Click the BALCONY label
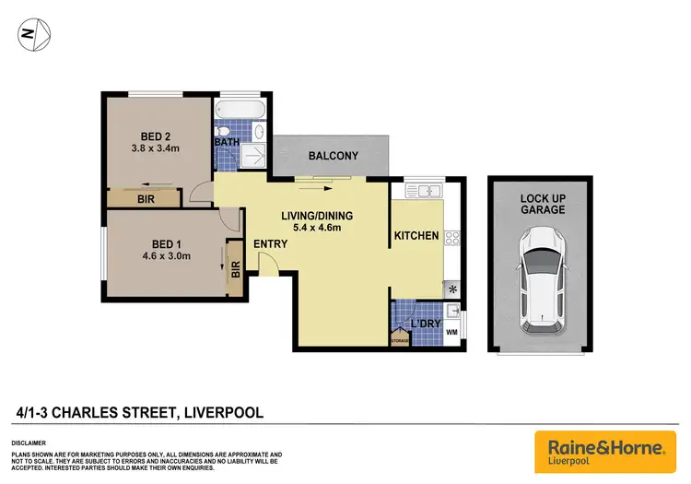333,156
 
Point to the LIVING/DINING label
317,217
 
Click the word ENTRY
271,244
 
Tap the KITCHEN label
416,236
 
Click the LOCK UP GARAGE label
542,204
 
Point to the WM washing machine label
451,331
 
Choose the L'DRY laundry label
425,325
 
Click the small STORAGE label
399,340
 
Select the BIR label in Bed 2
145,198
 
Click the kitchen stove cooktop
451,237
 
